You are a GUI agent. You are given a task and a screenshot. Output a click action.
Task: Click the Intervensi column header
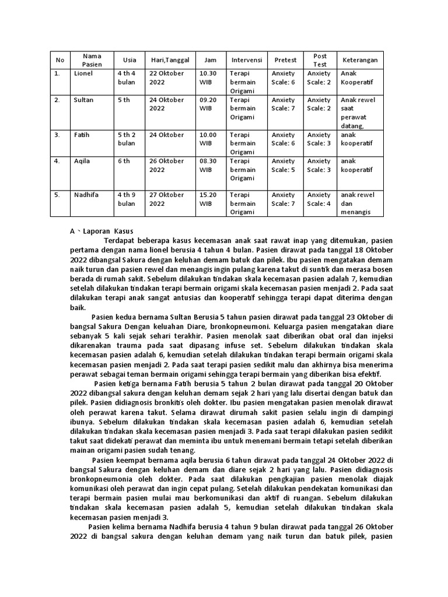246,60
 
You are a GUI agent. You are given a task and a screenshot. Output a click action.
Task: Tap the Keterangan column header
360,60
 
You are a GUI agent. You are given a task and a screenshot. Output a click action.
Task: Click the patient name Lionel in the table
83,73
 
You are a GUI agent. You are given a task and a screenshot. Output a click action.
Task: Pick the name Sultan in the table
84,100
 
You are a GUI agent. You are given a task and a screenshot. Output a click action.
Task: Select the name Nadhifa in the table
87,195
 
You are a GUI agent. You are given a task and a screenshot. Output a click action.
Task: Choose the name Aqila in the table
82,161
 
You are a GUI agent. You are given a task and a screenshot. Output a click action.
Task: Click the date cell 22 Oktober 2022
166,78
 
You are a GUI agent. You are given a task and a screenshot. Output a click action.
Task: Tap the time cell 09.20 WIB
208,104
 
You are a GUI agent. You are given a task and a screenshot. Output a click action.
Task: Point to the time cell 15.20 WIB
208,199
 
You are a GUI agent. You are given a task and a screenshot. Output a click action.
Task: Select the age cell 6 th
123,161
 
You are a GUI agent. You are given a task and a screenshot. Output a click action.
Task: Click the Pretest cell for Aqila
283,165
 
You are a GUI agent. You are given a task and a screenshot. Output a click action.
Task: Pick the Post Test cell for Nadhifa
319,199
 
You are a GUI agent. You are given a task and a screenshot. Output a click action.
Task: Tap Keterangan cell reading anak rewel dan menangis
358,203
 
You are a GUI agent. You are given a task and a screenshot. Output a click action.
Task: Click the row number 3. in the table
57,135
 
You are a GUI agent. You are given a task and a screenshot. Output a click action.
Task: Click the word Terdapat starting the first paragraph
121,240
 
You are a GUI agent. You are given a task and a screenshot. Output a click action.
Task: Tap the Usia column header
129,60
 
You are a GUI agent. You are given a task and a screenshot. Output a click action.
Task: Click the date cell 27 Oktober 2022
166,199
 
